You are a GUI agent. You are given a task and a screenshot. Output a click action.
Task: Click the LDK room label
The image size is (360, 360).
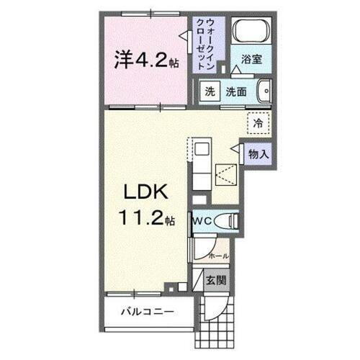coord(149,192)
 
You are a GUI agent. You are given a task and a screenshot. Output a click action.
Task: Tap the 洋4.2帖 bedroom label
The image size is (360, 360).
coord(145,61)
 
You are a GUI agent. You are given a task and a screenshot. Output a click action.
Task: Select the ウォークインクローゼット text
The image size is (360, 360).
coord(210,43)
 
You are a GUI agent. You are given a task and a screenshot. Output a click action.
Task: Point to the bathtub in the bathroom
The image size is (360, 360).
coord(252,32)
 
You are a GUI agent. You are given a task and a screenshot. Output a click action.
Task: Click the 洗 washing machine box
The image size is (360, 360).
coord(209,91)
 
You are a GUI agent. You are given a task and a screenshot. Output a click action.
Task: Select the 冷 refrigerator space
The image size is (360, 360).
coord(256,123)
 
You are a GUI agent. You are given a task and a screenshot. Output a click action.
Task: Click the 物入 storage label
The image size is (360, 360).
coord(259,153)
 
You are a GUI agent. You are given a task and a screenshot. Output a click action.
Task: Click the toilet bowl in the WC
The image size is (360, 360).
coord(228,222)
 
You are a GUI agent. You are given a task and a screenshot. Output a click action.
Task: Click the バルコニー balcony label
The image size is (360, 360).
coord(146,312)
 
